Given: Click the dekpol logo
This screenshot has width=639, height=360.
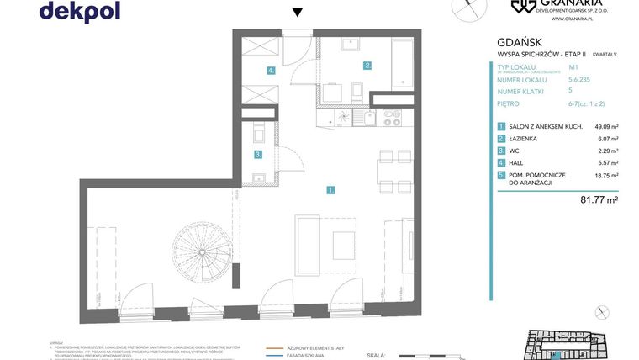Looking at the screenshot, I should pyautogui.click(x=79, y=11).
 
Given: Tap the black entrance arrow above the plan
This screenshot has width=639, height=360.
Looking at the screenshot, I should pyautogui.click(x=296, y=12).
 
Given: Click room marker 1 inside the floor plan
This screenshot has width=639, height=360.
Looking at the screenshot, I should pyautogui.click(x=331, y=190).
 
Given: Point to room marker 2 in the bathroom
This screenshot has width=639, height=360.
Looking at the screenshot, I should pyautogui.click(x=367, y=65).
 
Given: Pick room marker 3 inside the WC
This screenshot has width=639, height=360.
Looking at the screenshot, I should pyautogui.click(x=259, y=154).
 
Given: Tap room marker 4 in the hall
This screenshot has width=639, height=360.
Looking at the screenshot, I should pyautogui.click(x=271, y=71).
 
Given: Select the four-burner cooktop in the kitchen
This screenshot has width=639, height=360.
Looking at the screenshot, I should pyautogui.click(x=393, y=118).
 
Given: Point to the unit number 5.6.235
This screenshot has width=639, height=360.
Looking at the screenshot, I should pyautogui.click(x=579, y=79).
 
